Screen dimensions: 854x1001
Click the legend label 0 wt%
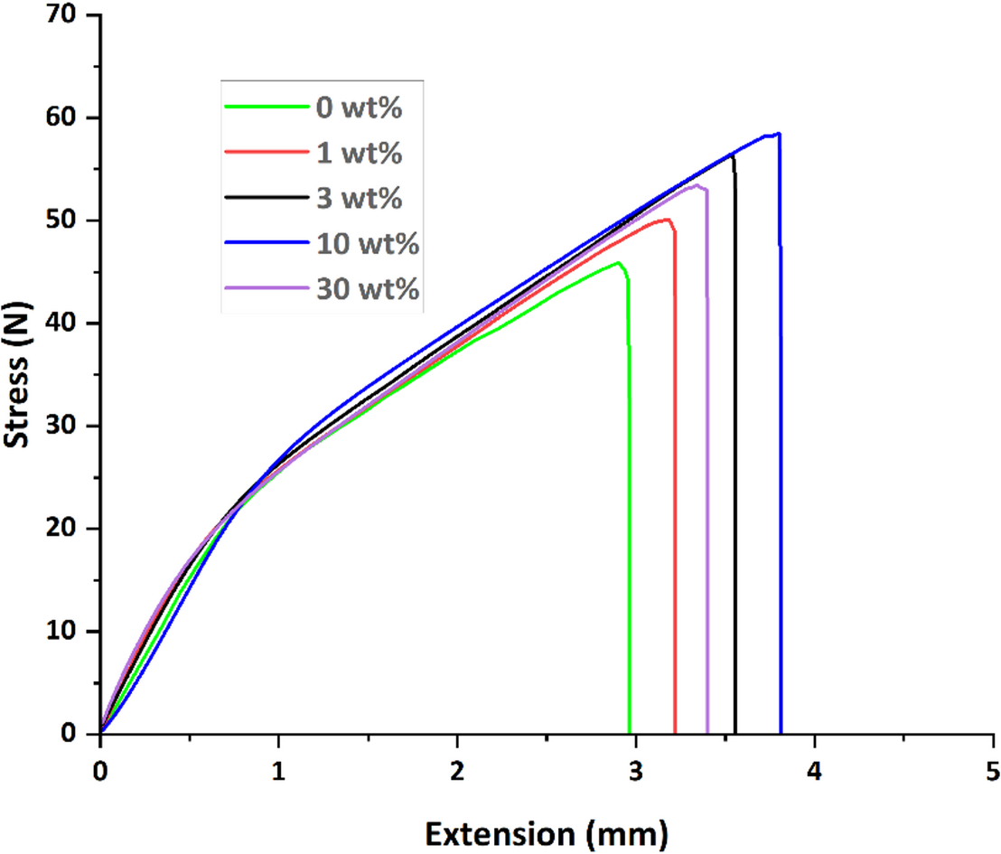[358, 108]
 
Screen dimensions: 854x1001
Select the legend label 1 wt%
[358, 153]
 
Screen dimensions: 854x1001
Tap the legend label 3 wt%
[358, 198]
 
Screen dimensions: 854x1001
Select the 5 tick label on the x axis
[992, 771]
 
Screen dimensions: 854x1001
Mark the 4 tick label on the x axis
[814, 771]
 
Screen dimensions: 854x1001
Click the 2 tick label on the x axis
[457, 771]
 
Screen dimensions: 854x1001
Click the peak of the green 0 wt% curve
[618, 263]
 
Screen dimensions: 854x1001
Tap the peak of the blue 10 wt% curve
[778, 134]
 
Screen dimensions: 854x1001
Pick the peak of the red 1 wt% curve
[667, 220]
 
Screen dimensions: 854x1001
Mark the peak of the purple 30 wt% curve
[697, 185]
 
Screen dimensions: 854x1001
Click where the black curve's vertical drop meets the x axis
[735, 733]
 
